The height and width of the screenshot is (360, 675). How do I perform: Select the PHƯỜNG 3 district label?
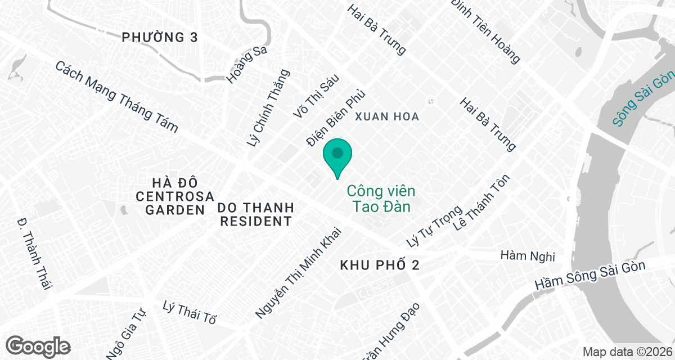click(160, 38)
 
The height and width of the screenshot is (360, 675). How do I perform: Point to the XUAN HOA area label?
click(387, 116)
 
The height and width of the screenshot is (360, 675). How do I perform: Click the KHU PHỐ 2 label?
click(380, 265)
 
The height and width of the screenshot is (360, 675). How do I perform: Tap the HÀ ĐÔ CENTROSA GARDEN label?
click(175, 196)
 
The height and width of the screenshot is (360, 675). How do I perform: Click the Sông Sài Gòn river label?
click(643, 99)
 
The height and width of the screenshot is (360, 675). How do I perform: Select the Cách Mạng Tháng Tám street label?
click(116, 96)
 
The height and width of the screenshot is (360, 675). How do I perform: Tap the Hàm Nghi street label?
click(528, 256)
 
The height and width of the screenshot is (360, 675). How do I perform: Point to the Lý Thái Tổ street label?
click(189, 313)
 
